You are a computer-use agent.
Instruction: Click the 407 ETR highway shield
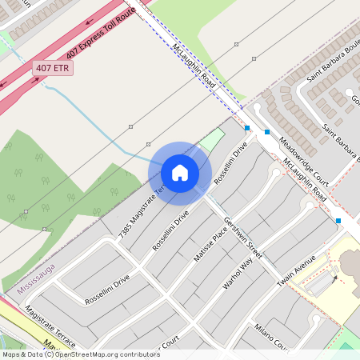click(54, 69)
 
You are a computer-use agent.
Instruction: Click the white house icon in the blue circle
click(179, 172)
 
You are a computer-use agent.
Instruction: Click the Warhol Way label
click(237, 273)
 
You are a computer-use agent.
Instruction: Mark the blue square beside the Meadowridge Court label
click(267, 131)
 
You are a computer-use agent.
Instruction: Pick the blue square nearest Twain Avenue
click(338, 220)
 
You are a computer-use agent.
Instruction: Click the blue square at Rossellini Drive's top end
click(247, 128)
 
